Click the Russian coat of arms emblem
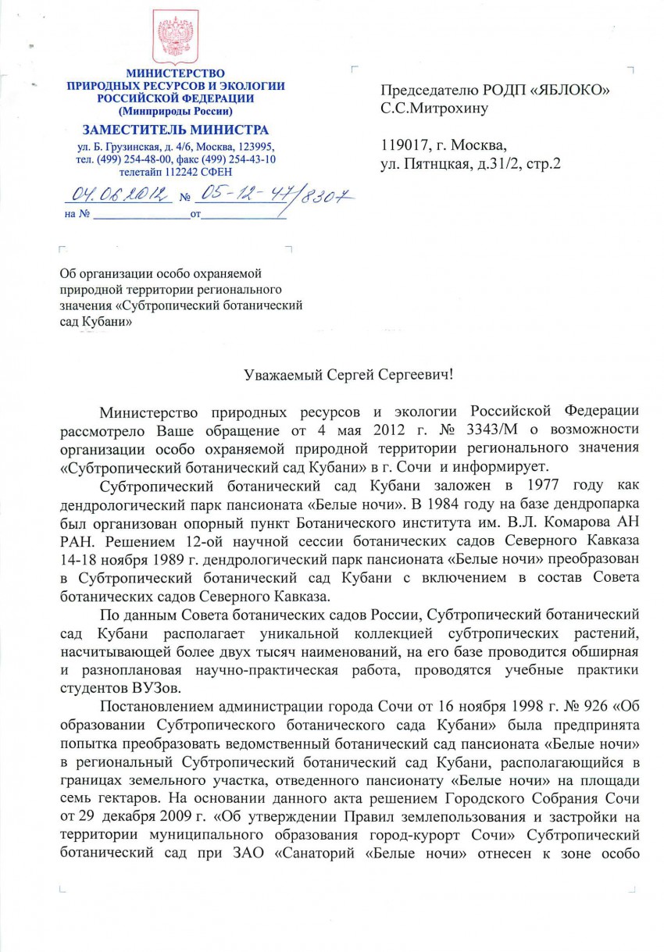click(x=175, y=37)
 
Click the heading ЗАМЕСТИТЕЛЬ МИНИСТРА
click(x=175, y=130)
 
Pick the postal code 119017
click(x=404, y=146)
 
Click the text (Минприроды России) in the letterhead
click(x=175, y=110)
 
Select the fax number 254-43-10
click(x=252, y=159)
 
